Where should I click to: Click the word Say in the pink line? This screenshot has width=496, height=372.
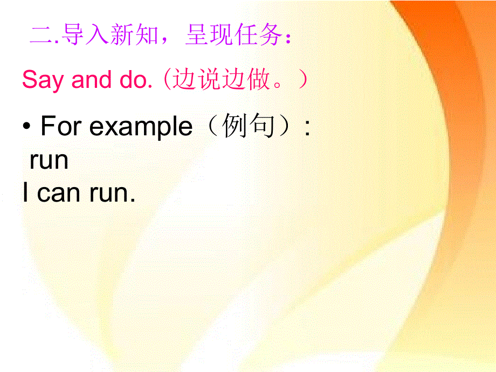click(44, 81)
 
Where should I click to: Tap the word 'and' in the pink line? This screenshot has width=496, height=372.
click(91, 81)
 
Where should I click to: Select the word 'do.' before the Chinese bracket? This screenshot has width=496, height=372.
click(132, 81)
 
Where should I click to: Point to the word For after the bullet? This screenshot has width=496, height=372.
click(61, 127)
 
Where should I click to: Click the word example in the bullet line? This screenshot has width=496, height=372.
click(141, 127)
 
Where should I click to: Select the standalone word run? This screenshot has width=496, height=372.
click(49, 161)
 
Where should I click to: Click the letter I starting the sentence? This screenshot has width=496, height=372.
click(25, 193)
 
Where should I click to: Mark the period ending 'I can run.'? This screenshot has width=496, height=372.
click(132, 200)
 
